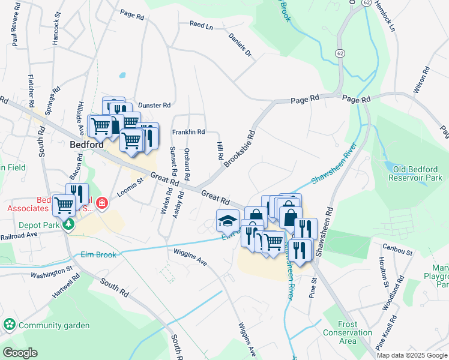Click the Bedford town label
(86, 145)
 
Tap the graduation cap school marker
(228, 220)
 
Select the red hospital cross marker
(103, 203)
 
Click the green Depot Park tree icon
(70, 224)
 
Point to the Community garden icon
(10, 325)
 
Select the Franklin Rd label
(188, 132)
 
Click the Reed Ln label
(201, 26)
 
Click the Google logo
(20, 353)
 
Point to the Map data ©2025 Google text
(411, 355)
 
